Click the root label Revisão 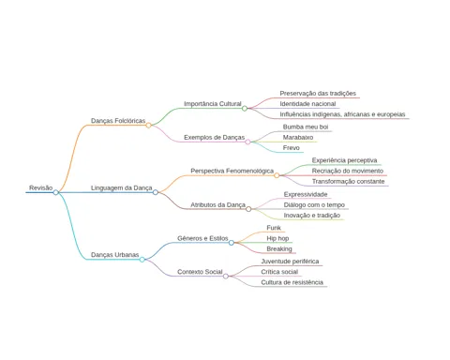pos(41,187)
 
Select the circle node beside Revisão pos(56,192)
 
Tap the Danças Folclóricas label pos(118,121)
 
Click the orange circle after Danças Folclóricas pos(149,126)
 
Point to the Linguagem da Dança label pos(122,187)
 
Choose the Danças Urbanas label pos(115,255)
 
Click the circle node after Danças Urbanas pos(142,260)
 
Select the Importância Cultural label pos(213,104)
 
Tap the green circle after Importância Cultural pos(245,109)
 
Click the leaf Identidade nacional pos(307,104)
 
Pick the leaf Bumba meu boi pos(306,127)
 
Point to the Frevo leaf pos(292,148)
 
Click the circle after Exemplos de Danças pos(247,142)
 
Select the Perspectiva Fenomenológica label pos(232,171)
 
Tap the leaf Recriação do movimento pos(348,171)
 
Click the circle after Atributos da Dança pos(248,209)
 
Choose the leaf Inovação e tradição pos(312,216)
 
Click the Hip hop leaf pos(277,238)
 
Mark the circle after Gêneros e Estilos pos(232,243)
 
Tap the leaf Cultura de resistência pos(292,282)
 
